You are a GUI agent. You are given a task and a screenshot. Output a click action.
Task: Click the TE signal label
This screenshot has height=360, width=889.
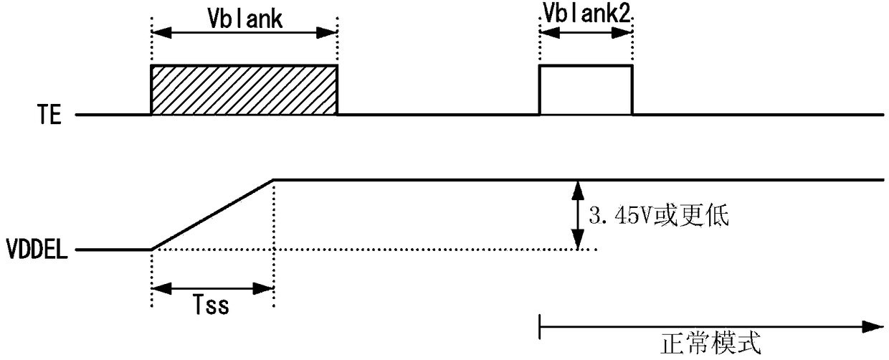tap(49, 115)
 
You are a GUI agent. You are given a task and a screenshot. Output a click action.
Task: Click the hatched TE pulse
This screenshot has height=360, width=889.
tap(244, 90)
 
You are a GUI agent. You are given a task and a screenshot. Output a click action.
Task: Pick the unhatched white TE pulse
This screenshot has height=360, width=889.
tap(586, 90)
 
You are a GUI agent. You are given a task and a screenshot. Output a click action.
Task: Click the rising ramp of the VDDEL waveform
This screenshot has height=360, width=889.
tap(212, 214)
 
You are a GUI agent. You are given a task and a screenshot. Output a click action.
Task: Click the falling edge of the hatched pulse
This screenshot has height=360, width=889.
tap(337, 90)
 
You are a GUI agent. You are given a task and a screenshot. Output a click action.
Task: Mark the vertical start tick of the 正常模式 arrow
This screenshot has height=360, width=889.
tap(539, 326)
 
